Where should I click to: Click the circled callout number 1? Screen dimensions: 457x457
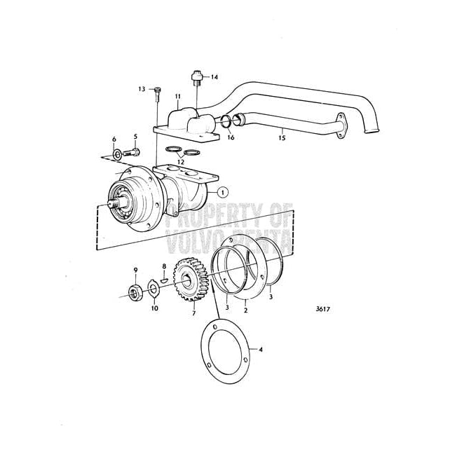tap(222, 191)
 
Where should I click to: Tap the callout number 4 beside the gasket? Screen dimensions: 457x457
tap(261, 348)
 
